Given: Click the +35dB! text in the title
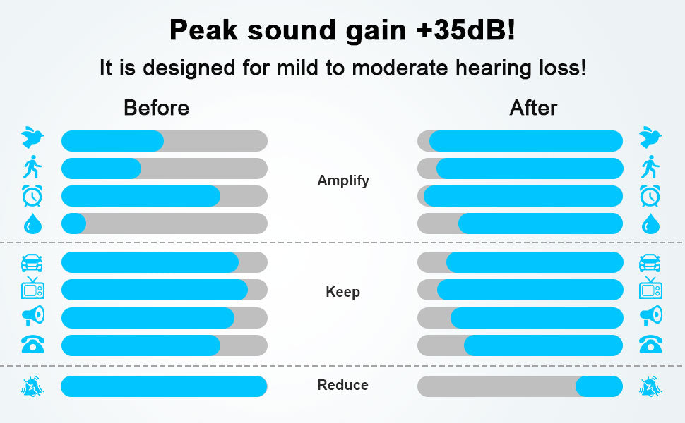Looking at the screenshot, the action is (466, 30).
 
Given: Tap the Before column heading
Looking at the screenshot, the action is (156, 108).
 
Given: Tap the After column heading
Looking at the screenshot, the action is (533, 108).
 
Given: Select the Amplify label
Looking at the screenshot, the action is (343, 180).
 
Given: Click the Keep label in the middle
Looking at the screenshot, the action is (343, 292).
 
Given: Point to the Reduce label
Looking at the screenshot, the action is (343, 385).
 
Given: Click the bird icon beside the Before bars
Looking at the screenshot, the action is (32, 137).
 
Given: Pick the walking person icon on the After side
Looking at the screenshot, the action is (650, 166).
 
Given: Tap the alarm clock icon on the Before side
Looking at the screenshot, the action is (32, 196).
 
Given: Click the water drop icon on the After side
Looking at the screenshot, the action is (650, 223).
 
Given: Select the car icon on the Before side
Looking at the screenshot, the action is (32, 263).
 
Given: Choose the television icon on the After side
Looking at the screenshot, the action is (650, 288).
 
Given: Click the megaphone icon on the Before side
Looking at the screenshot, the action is (33, 316).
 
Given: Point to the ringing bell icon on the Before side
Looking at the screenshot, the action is (32, 386).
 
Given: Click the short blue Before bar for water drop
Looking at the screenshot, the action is (74, 223).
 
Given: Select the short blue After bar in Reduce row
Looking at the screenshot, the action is (599, 386).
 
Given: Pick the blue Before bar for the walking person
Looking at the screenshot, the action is (102, 168).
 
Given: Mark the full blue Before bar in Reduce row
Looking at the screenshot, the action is (164, 386).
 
